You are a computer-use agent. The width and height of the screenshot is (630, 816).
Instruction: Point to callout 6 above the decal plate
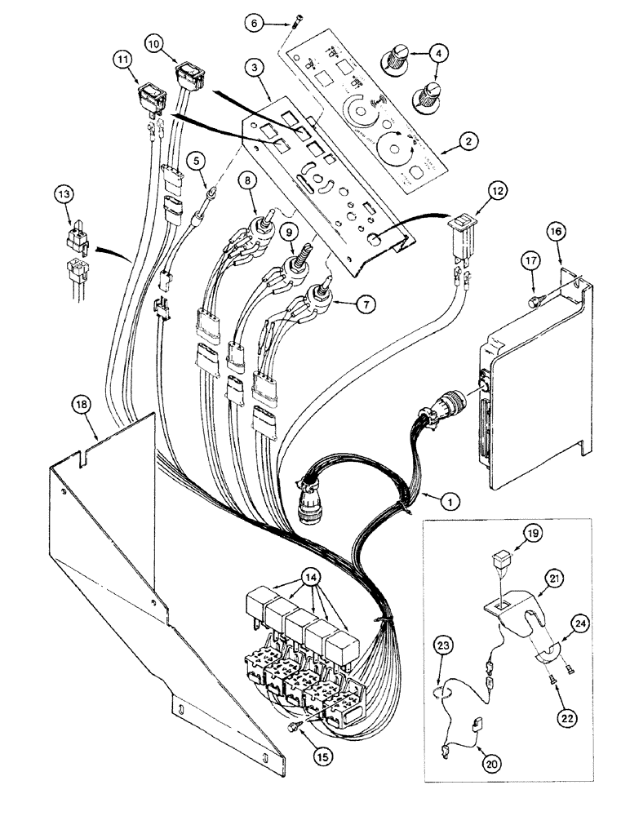[x=255, y=24]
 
